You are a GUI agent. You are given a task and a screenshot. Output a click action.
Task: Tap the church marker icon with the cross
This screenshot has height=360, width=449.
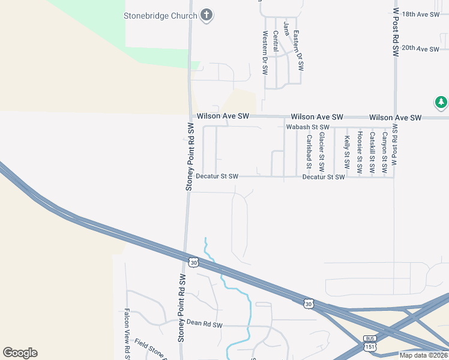point(206,16)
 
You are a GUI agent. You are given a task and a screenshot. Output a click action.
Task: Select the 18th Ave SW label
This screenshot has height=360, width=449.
point(421,14)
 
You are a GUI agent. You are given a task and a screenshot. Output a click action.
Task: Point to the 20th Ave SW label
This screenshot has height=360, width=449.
point(421,48)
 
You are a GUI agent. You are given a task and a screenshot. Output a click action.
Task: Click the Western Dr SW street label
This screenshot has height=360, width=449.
point(265,53)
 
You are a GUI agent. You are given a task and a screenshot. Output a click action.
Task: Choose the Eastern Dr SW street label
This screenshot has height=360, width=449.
point(300,53)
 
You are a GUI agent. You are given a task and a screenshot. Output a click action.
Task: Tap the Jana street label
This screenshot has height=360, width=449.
point(286,28)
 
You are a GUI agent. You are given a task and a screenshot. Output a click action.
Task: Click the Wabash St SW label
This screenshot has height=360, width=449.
point(307,127)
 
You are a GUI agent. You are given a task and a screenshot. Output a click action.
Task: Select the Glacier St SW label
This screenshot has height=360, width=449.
point(322,153)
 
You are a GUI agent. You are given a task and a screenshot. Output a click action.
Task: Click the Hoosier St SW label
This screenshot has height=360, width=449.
point(360,152)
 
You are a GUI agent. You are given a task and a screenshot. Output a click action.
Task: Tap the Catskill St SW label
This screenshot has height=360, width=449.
point(372,153)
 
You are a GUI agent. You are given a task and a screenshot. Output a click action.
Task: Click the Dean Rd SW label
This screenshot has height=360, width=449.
point(204,325)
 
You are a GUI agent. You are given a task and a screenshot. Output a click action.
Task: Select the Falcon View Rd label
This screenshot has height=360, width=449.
point(127,334)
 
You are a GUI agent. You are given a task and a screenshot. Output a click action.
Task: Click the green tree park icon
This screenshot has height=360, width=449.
point(441,103)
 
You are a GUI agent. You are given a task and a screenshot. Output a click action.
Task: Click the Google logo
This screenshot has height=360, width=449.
point(20,353)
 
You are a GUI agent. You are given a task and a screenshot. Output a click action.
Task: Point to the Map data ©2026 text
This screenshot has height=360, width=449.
point(424,355)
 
